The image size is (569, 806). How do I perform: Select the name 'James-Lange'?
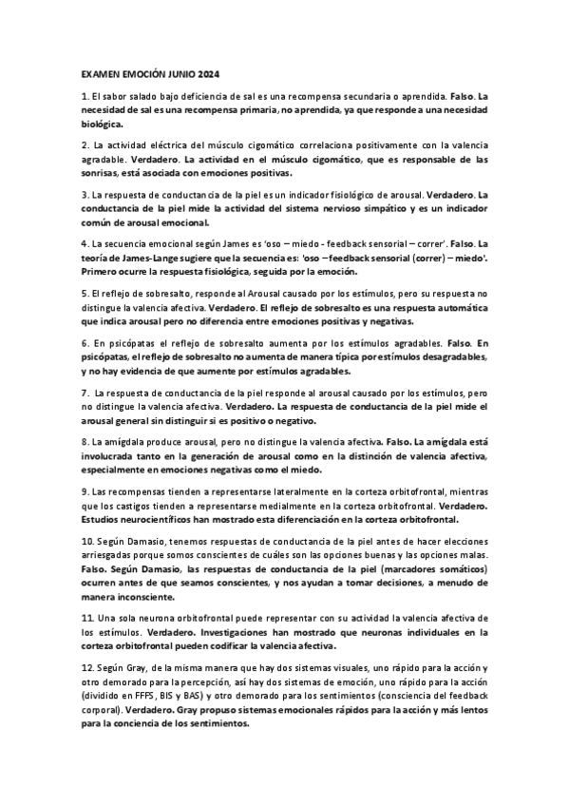click(x=142, y=259)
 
